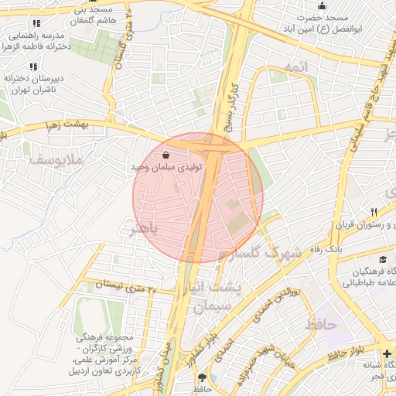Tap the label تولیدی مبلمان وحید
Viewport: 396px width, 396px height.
[x=167, y=166]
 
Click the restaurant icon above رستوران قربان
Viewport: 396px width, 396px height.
[x=374, y=211]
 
